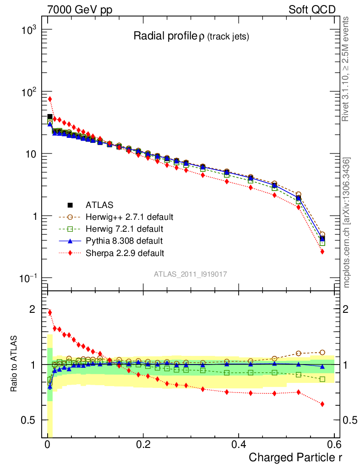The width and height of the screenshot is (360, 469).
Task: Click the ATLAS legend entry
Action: [98, 205]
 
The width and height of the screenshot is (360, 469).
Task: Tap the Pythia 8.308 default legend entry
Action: [124, 240]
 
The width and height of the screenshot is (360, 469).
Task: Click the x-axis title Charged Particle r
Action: [295, 457]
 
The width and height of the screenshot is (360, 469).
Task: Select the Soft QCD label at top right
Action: [312, 10]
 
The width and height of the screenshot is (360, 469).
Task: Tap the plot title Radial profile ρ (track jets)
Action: [191, 37]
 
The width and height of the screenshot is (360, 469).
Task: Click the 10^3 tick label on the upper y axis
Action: [32, 30]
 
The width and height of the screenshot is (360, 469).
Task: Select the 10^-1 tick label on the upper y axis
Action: [32, 278]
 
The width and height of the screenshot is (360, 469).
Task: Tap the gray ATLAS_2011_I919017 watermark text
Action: [191, 274]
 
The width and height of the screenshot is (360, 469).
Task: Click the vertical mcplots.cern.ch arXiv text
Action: [347, 223]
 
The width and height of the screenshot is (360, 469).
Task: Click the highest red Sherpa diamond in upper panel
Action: [50, 99]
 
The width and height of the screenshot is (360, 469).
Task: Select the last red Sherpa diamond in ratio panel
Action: [322, 404]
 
